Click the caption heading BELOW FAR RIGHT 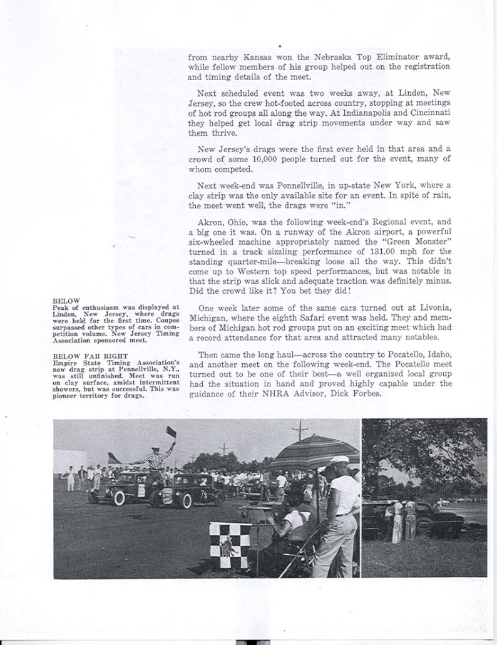point(83,356)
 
